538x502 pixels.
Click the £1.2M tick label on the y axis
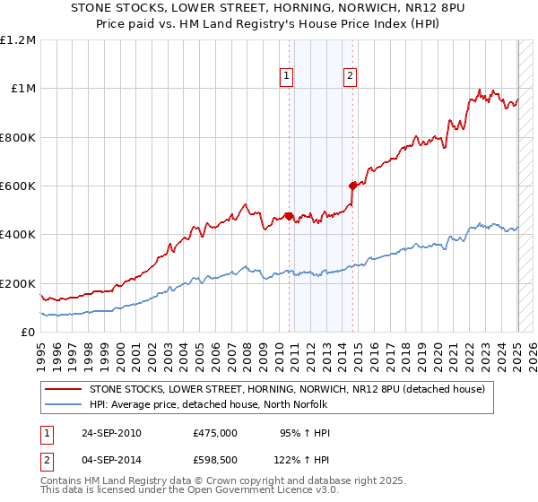(x=17, y=39)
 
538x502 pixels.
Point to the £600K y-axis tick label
(x=17, y=186)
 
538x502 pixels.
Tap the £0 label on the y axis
(x=27, y=332)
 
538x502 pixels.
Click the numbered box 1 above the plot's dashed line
(x=286, y=77)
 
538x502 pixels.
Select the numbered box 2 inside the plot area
(x=349, y=77)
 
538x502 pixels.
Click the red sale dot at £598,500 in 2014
(x=352, y=186)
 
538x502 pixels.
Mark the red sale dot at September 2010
(x=289, y=216)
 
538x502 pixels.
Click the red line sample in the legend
(x=65, y=389)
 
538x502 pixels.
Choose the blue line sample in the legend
(x=65, y=404)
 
